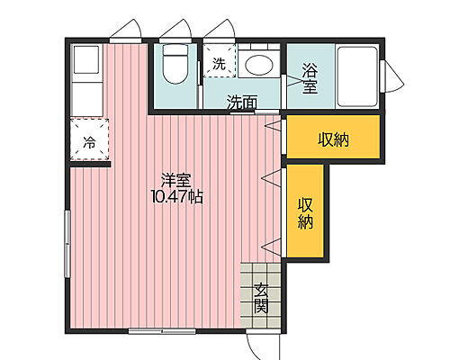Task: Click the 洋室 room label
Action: (175, 179)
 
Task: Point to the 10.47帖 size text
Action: (175, 195)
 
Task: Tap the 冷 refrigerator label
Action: (89, 141)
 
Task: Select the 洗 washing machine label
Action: (219, 63)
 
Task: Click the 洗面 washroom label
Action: (242, 102)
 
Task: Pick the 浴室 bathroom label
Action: (310, 78)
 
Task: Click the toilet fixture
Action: (174, 65)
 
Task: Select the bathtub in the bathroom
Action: (356, 76)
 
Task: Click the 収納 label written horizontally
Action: (333, 139)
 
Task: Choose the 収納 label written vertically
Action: (306, 211)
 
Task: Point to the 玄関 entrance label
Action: (261, 297)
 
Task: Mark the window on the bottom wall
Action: (162, 332)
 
